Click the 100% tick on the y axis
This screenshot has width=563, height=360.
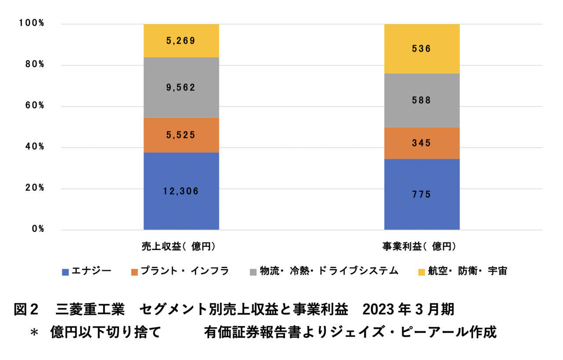coord(32,24)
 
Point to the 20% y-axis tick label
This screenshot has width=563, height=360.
coord(34,188)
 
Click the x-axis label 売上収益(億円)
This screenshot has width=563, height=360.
coord(181,247)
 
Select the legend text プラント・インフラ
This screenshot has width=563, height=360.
coord(184,271)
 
